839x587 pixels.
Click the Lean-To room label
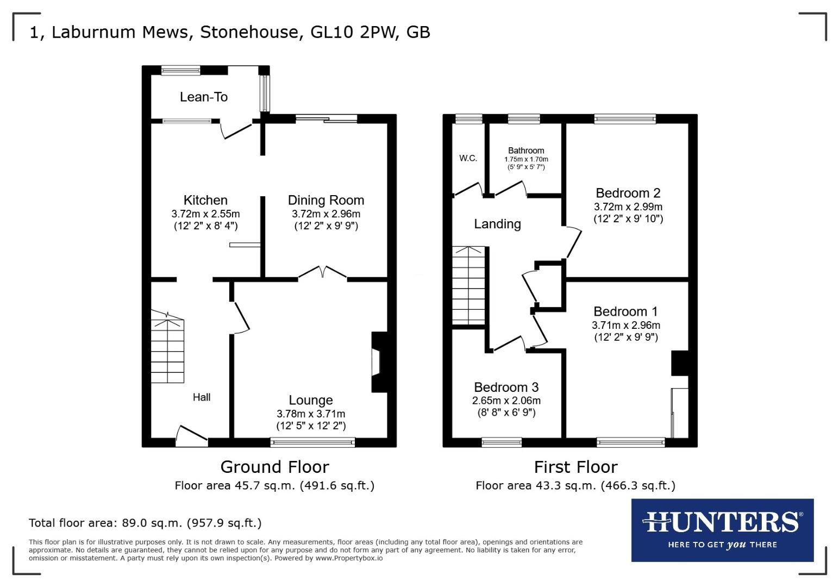204,97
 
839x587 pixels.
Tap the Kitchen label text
205,200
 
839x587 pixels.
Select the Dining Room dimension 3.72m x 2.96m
326,214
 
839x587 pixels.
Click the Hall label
202,397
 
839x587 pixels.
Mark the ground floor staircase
167,348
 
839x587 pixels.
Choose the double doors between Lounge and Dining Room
322,273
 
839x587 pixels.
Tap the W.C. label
468,158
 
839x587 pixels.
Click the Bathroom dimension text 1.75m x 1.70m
526,159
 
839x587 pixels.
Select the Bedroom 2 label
628,193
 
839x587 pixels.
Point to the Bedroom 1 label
625,311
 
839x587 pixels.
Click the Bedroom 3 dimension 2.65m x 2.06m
506,401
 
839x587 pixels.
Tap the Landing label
497,224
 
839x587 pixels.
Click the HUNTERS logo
722,529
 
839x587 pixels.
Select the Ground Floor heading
274,467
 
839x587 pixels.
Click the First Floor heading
575,467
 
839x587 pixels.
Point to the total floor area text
145,523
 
